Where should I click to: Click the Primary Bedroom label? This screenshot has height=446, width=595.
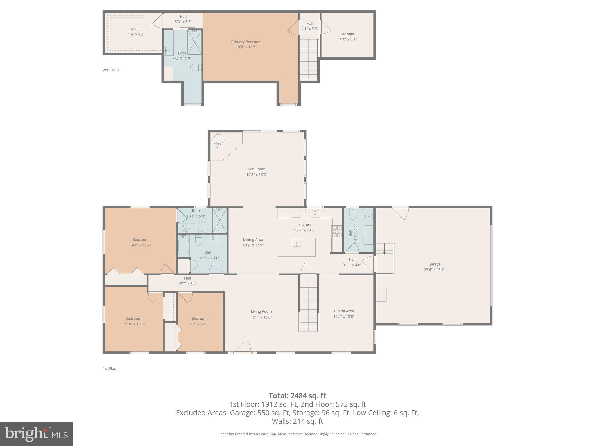click(246, 42)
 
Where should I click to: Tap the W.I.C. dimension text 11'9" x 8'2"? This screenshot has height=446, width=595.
click(135, 34)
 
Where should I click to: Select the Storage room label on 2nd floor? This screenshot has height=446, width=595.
click(347, 34)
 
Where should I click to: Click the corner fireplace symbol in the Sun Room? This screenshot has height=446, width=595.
click(218, 140)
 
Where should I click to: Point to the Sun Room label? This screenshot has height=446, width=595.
click(257, 169)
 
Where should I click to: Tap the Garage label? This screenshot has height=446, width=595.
click(434, 264)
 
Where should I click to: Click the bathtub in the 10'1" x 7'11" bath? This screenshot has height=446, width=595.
click(183, 246)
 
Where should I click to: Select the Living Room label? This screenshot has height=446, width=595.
click(261, 312)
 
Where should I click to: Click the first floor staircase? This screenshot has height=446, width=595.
click(309, 309)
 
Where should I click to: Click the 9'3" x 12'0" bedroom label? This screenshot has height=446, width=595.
click(200, 319)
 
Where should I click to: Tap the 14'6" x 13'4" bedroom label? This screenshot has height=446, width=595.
click(140, 240)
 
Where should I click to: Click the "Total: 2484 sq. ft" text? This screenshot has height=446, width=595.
click(297, 396)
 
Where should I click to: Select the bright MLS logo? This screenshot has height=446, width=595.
click(36, 434)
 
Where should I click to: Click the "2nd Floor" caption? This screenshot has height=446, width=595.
click(111, 70)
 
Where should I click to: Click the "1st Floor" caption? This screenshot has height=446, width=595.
click(110, 368)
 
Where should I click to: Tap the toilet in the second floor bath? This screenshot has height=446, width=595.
click(196, 68)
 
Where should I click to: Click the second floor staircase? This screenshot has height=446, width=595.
click(309, 60)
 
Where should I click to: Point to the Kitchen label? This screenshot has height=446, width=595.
click(304, 224)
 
